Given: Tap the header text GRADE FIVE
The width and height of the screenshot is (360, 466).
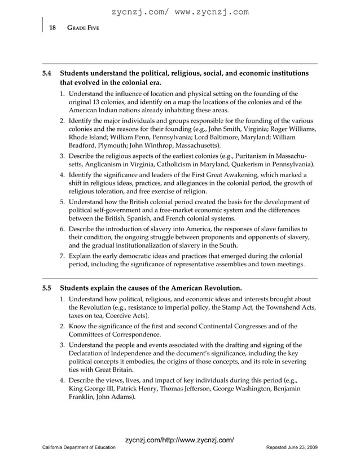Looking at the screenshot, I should [x=83, y=28].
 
